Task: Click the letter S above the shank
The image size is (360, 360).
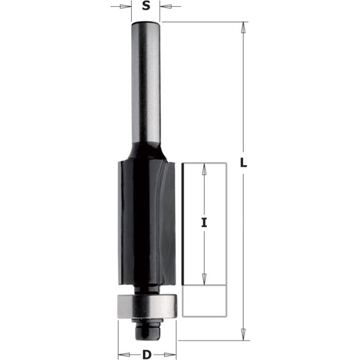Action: [146, 7]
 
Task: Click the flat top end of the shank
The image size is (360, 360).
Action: [146, 23]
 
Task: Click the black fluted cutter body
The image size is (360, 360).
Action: [139, 221]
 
